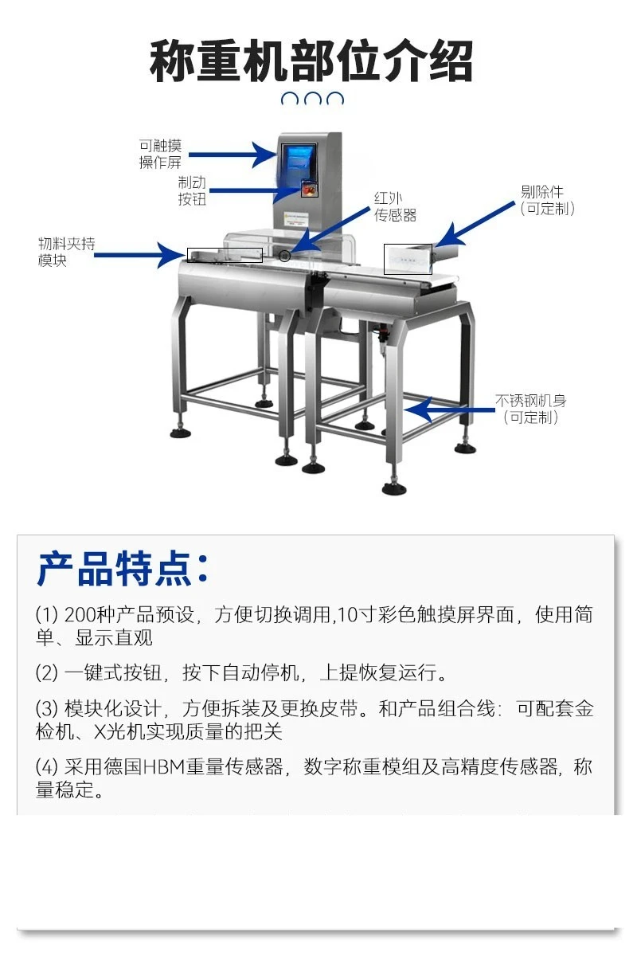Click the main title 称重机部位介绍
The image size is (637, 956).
coord(311,61)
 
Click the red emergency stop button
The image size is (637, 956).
coord(309,188)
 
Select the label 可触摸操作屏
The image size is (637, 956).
coord(160,154)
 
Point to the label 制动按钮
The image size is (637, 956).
coord(192,190)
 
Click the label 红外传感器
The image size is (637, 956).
coord(395,207)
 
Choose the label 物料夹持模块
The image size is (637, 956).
coord(67,252)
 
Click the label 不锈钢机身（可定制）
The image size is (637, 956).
coord(531,409)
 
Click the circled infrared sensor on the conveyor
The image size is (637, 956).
coord(284,256)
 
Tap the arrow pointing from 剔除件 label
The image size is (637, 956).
coord(475,225)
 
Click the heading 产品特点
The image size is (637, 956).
coord(123,569)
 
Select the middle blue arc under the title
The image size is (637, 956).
coord(313,99)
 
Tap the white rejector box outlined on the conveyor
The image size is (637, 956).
coord(408,259)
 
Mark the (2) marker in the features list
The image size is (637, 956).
coord(47,673)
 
